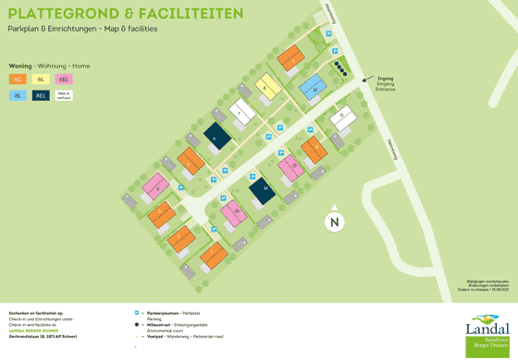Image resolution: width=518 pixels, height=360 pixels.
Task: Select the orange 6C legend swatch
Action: pyautogui.click(x=18, y=80)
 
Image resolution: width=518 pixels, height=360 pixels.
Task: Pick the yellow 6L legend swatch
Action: pyautogui.click(x=41, y=80)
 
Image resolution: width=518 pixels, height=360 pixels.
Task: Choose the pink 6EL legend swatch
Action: pyautogui.click(x=64, y=80)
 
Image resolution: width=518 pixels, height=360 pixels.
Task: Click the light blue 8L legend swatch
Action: pyautogui.click(x=18, y=95)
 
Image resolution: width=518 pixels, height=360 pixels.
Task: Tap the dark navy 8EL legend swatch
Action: pyautogui.click(x=41, y=95)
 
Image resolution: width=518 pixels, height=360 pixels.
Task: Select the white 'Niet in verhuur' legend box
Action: pyautogui.click(x=64, y=95)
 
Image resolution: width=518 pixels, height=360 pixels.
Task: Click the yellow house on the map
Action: pyautogui.click(x=267, y=86)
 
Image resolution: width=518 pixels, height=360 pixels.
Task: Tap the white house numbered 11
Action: pyautogui.click(x=344, y=118)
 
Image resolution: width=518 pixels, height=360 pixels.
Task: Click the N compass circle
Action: pyautogui.click(x=335, y=222)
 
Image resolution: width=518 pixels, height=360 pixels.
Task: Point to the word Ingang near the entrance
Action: pyautogui.click(x=385, y=79)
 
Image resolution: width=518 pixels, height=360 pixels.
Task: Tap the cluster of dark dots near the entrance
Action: pyautogui.click(x=341, y=68)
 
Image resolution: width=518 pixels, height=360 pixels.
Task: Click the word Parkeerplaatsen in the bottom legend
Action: pyautogui.click(x=164, y=314)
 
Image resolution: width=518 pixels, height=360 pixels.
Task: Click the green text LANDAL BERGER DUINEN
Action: pyautogui.click(x=30, y=330)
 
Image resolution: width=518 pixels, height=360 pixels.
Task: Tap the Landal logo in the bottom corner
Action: pyautogui.click(x=487, y=330)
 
